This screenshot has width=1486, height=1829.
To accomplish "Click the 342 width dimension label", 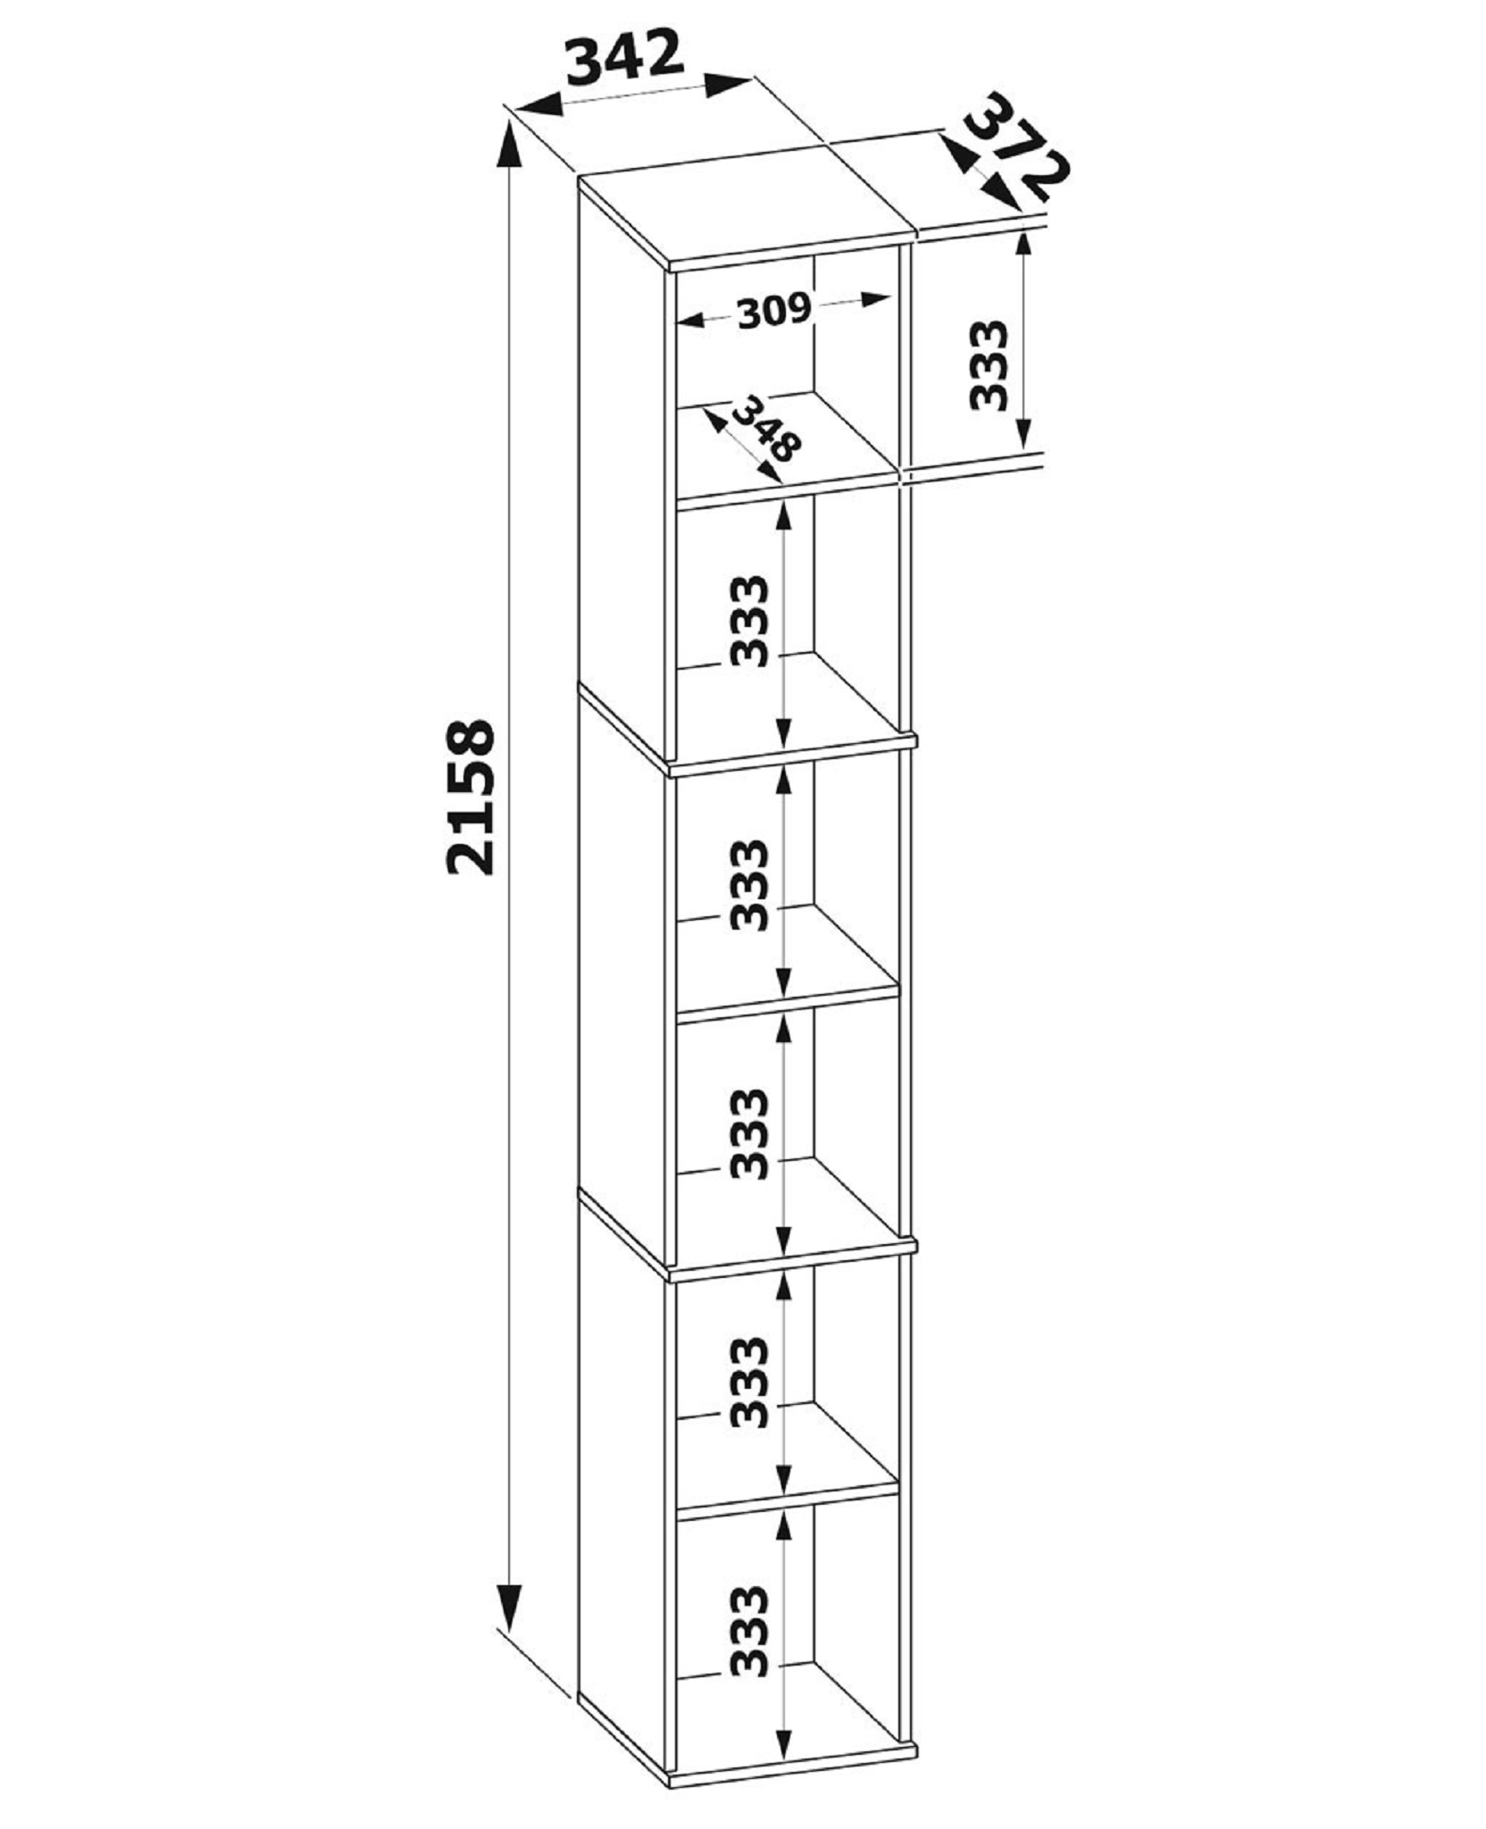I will pyautogui.click(x=625, y=58).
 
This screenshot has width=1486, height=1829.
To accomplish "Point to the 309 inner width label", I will pyautogui.click(x=773, y=311).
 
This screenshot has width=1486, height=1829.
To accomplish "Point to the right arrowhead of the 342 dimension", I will pyautogui.click(x=729, y=85).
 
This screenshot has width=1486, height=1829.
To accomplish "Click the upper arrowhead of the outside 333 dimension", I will pyautogui.click(x=1023, y=255).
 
